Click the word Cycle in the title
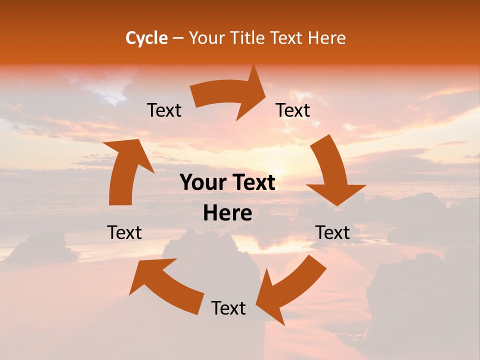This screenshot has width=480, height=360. pos(146,38)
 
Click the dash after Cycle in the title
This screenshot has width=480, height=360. pos(178,38)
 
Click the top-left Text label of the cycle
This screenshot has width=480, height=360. pos(164,110)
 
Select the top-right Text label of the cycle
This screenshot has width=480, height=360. pos(293,110)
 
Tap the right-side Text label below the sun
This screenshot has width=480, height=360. pos(332,232)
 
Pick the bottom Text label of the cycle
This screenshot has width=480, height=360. pos(228,308)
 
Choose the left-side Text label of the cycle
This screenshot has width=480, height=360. pos(124,232)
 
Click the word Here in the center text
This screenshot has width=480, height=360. pos(227,213)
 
